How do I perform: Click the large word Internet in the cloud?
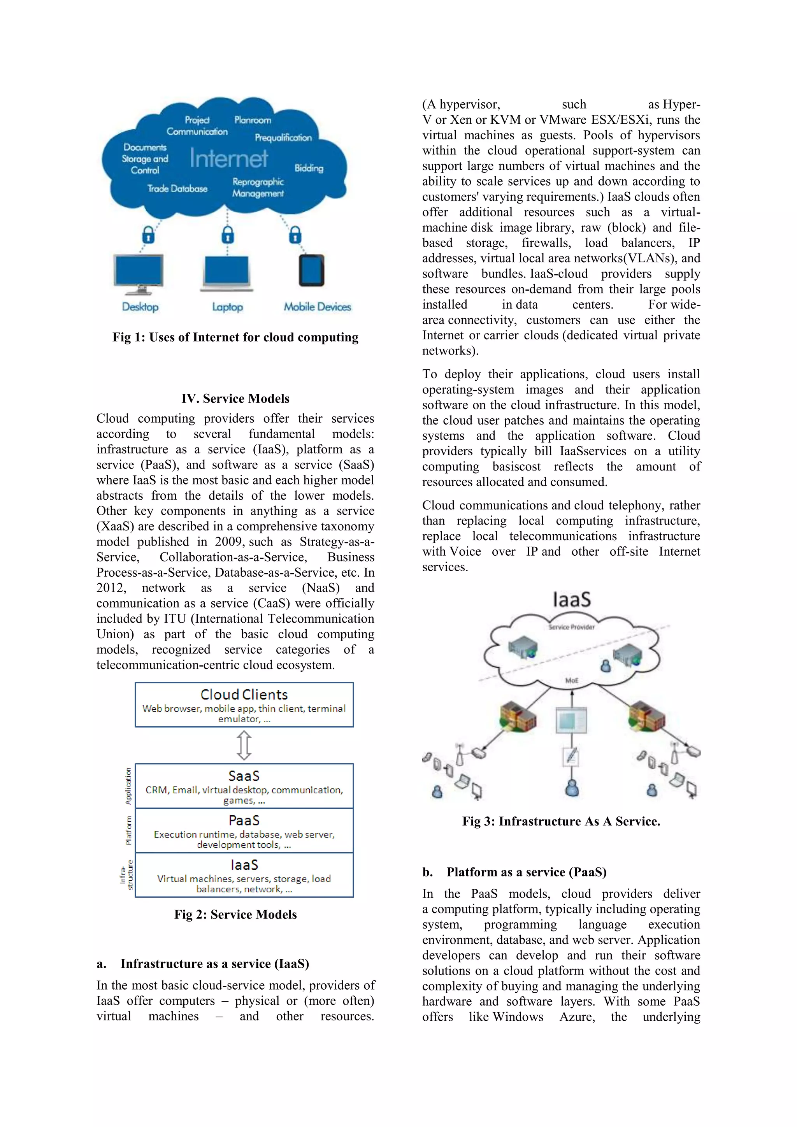[x=229, y=158]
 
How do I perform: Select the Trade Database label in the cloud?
[x=177, y=188]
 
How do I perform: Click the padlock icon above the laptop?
[x=227, y=235]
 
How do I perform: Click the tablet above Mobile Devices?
[x=312, y=270]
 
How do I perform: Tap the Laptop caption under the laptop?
[x=227, y=307]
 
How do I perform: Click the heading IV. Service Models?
[x=235, y=398]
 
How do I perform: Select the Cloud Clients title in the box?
[x=244, y=695]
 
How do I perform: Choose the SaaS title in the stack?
[x=244, y=776]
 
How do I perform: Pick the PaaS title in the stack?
[x=244, y=820]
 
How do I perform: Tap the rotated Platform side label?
[x=128, y=830]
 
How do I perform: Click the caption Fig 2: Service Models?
[x=235, y=915]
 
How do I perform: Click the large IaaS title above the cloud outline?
[x=572, y=600]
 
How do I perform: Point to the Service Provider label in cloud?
[x=571, y=627]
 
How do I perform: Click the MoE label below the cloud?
[x=572, y=680]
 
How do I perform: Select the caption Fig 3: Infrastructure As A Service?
[x=561, y=821]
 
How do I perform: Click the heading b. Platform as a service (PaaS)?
[x=514, y=872]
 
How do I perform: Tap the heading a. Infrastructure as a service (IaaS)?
[x=203, y=964]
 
